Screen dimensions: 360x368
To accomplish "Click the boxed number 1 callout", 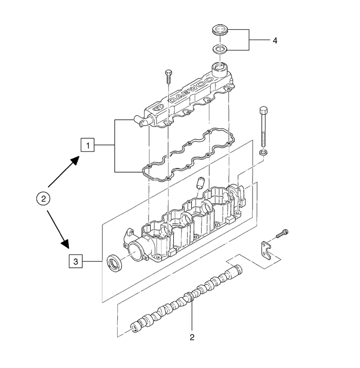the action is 87,145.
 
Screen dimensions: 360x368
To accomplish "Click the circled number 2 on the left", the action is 43,199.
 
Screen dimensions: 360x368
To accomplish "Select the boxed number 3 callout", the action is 76,261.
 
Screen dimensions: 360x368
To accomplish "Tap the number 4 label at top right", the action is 275,41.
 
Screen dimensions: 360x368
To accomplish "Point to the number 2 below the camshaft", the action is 192,338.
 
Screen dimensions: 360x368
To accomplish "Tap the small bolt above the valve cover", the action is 169,77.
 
